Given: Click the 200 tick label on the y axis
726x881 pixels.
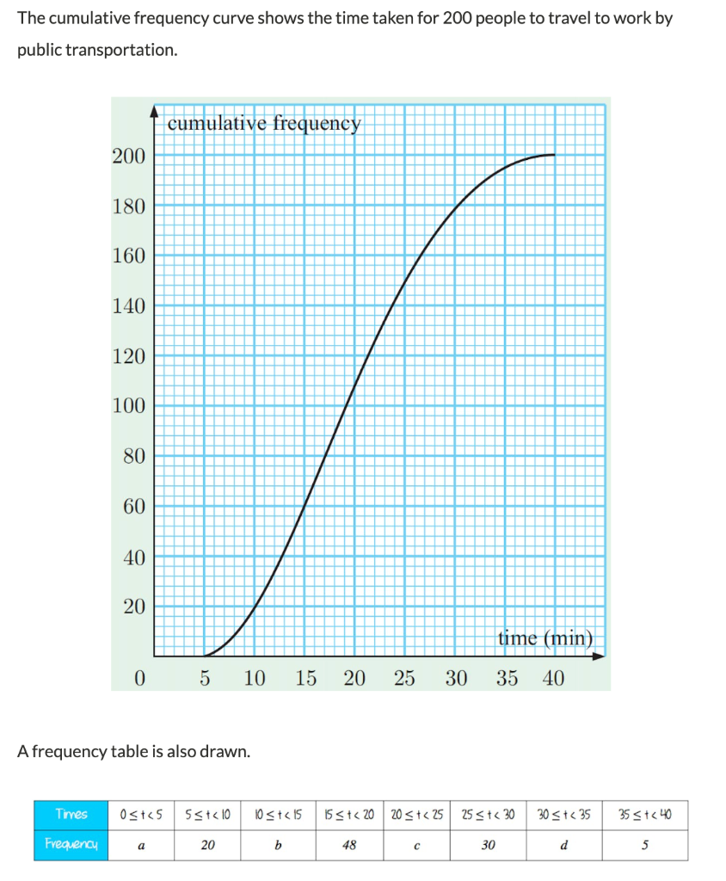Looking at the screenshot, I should (128, 156).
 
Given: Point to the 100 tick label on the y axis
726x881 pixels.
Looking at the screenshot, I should (128, 406).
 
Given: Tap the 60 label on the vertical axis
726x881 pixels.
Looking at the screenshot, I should (133, 507).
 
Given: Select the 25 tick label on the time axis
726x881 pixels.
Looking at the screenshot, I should (404, 679).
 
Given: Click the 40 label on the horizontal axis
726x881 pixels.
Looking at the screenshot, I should (553, 679).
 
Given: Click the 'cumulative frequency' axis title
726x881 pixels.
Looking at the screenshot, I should (264, 123).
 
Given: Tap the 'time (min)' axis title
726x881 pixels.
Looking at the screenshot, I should (545, 638).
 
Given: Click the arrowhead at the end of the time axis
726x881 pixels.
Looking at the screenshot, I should (600, 656).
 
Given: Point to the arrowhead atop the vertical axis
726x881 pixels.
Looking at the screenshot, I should (154, 111).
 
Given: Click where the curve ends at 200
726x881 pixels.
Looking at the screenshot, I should (554, 155).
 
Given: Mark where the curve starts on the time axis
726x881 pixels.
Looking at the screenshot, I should (205, 656).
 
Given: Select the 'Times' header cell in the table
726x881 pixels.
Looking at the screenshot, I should (71, 814).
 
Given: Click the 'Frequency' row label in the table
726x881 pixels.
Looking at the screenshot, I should (71, 845).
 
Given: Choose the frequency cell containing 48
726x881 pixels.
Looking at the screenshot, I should (349, 845).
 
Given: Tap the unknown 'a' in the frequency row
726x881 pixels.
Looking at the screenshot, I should (141, 845).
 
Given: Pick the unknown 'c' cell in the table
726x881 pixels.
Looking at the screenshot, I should (417, 845).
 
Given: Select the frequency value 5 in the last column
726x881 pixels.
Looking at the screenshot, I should (644, 845).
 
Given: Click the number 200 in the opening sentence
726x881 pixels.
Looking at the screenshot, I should (462, 18).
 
